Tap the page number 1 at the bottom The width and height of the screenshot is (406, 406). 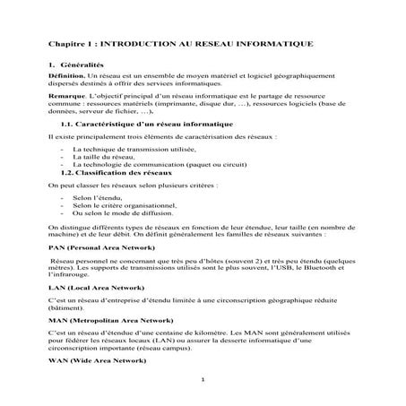(x=204, y=379)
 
